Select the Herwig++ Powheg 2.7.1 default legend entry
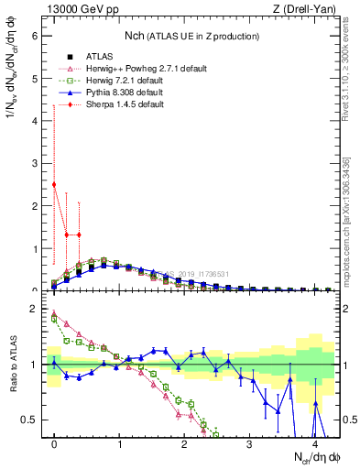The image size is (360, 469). pos(123,67)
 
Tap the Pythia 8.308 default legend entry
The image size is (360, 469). pos(114,93)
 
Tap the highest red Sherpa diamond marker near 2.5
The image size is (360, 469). pos(54,184)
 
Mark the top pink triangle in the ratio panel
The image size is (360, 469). pos(54,314)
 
